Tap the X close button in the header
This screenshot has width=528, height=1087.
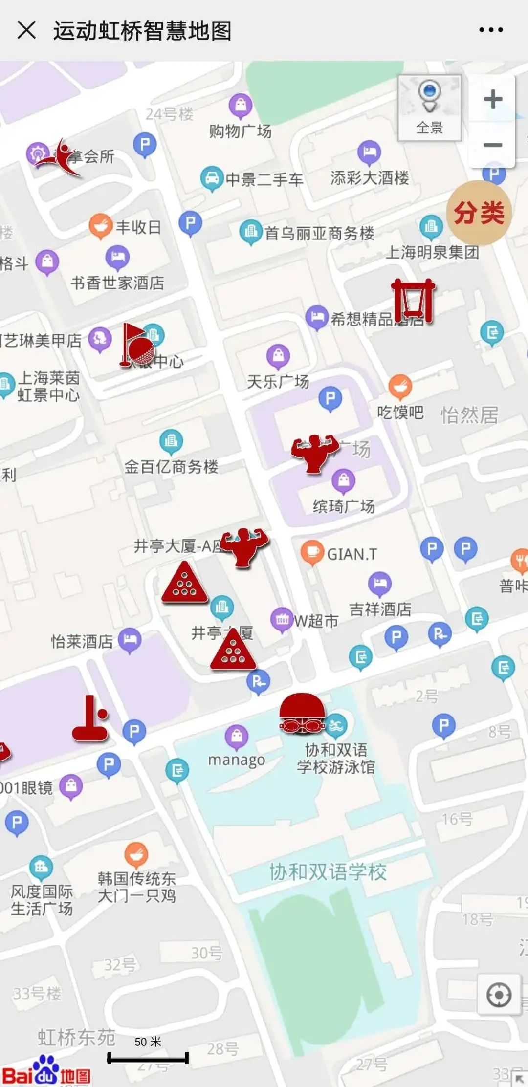26,30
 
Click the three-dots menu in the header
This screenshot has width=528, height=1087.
490,30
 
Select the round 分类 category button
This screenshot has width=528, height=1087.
479,213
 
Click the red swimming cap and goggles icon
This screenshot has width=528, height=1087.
302,714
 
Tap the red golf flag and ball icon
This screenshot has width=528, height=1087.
137,345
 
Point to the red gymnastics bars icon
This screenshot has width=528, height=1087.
414,301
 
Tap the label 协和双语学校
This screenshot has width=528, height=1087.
328,872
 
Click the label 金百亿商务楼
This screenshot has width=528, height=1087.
171,467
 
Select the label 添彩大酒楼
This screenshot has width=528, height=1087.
370,178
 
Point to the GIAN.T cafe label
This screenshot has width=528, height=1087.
352,554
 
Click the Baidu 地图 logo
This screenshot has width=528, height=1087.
46,1072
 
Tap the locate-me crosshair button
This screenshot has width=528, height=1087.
499,995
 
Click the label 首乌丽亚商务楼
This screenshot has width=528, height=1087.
319,233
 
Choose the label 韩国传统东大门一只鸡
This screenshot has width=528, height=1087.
136,887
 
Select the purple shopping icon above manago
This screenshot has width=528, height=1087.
237,736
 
